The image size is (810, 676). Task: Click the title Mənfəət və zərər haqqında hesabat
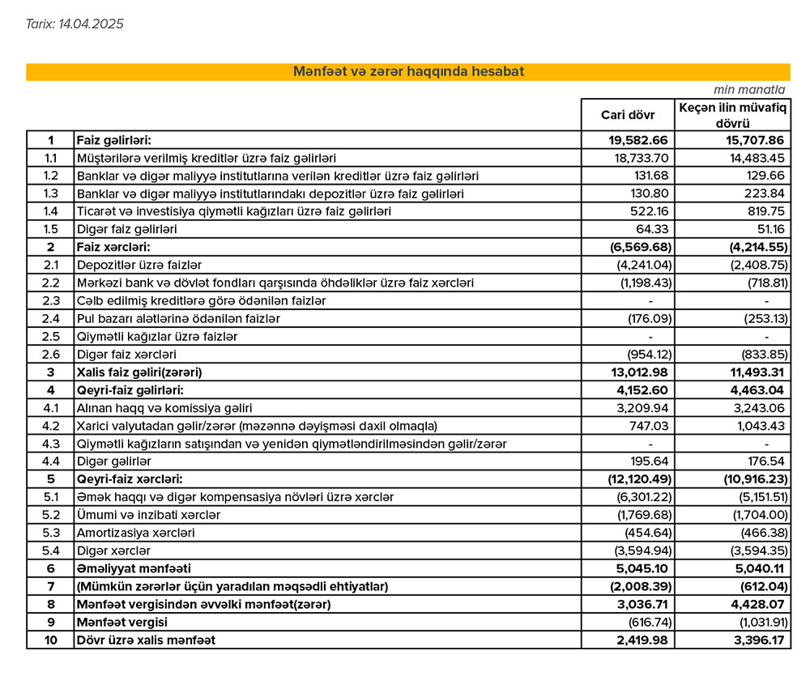(x=407, y=71)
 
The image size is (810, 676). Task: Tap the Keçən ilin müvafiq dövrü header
(x=732, y=115)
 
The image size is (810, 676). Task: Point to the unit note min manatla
(x=749, y=90)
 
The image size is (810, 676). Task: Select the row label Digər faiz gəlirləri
(x=126, y=229)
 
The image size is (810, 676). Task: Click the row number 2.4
(x=51, y=318)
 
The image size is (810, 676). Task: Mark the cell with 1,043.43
(x=758, y=426)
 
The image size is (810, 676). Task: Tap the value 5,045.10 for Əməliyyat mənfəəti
(x=642, y=568)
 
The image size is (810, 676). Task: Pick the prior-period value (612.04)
(x=759, y=586)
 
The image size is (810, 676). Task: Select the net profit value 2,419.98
(x=641, y=640)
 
